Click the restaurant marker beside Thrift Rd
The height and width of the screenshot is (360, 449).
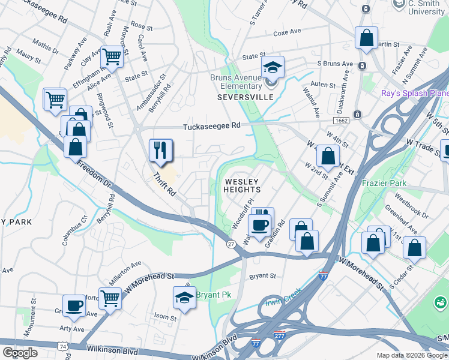[x=160, y=150]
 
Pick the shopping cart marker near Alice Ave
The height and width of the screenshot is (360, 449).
[x=112, y=57]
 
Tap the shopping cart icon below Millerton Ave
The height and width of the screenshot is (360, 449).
[x=110, y=298]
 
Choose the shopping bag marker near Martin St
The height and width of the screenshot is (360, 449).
[x=366, y=38]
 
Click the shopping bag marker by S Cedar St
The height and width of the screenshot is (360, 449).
[x=414, y=247]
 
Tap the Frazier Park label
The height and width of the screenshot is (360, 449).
[x=384, y=183]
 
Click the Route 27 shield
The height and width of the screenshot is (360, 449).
[x=231, y=244]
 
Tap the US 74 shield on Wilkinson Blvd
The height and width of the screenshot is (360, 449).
[x=62, y=346]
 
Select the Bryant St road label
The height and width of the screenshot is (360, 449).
[x=262, y=277]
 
